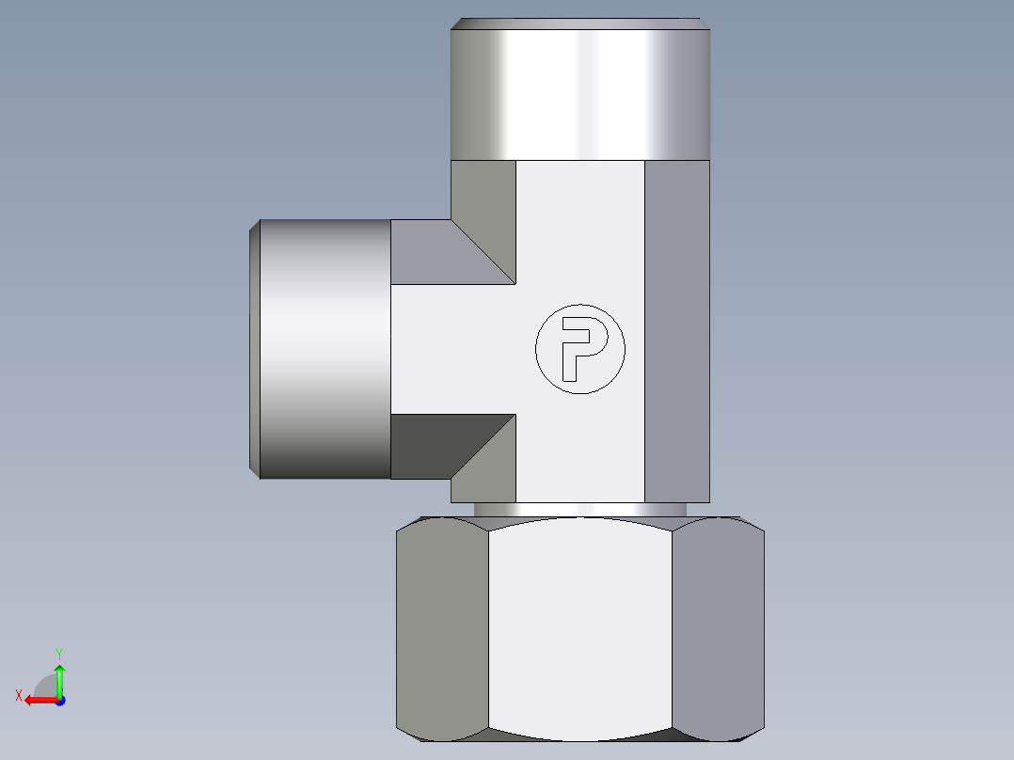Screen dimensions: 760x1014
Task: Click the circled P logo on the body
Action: click(x=579, y=348)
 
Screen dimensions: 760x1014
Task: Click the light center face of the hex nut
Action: click(x=580, y=630)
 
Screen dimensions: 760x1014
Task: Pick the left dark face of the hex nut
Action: click(x=441, y=630)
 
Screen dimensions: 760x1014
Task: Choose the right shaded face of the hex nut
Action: click(x=719, y=630)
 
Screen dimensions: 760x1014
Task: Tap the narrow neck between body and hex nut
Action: click(x=580, y=509)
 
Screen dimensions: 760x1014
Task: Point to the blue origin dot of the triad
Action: click(x=59, y=701)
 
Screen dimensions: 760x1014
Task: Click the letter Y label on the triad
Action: click(x=59, y=653)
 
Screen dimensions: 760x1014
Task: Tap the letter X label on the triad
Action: click(x=18, y=695)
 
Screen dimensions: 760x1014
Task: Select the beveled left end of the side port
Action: click(x=254, y=348)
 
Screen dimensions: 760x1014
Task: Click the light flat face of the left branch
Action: click(x=452, y=348)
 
